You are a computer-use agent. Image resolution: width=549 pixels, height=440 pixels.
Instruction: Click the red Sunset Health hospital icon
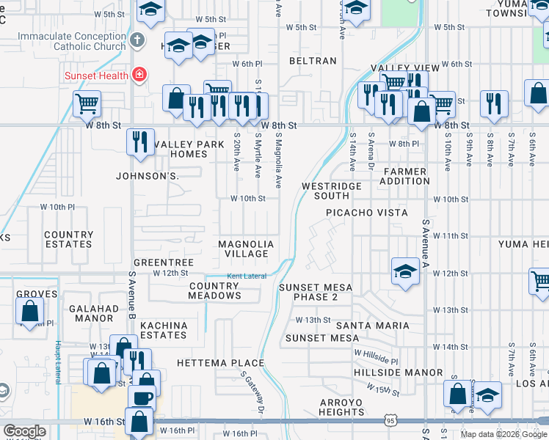pos(138,74)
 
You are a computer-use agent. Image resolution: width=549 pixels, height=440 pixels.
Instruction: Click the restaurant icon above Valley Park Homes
pos(140,141)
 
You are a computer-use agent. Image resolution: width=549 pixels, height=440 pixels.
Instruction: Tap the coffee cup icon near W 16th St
pos(142,398)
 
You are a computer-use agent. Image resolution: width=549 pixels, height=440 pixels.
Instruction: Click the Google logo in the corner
pos(24,431)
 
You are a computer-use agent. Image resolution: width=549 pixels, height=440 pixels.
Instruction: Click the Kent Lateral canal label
pos(246,276)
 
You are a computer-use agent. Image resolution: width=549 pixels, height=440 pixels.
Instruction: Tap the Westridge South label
pos(332,191)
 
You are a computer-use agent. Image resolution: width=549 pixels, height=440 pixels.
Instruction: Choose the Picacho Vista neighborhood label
pos(367,213)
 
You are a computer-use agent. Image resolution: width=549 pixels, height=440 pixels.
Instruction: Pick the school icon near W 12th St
pos(405,272)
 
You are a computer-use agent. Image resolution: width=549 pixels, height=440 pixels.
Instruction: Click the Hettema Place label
pos(220,363)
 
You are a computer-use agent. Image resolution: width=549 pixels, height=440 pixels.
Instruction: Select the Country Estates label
pos(68,239)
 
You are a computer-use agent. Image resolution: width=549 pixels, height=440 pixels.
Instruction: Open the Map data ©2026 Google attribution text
pos(503,434)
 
